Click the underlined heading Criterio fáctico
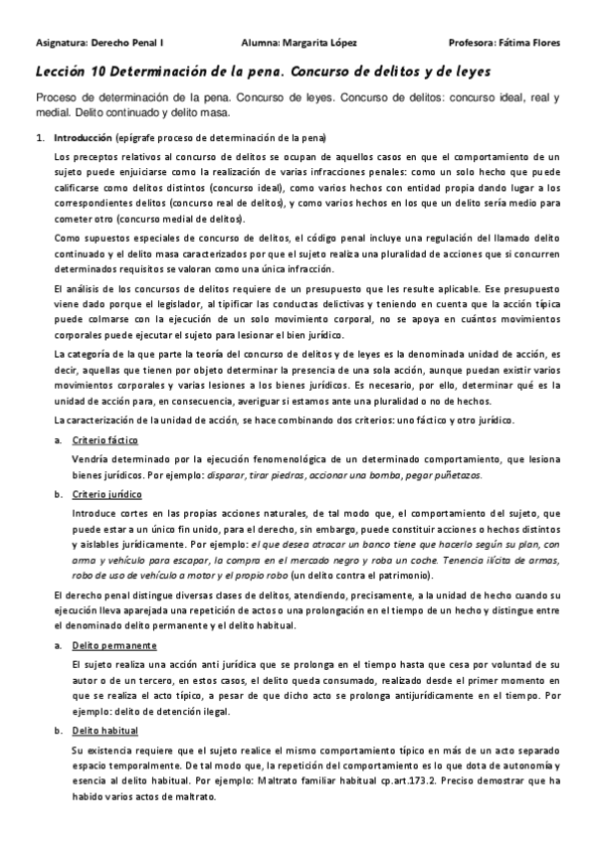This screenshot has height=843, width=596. point(105,439)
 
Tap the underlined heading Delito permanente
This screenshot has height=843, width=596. point(114,618)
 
